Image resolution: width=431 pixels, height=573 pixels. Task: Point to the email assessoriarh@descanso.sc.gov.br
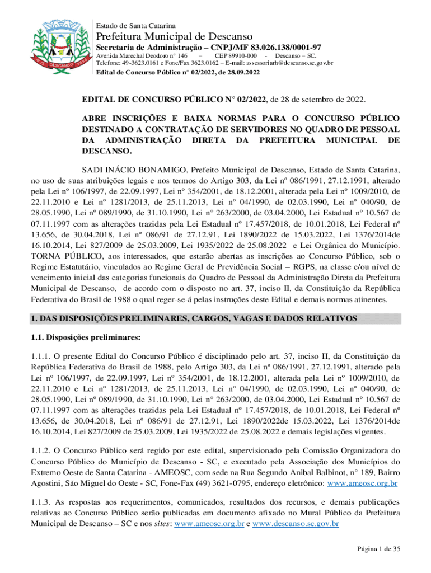click(285, 64)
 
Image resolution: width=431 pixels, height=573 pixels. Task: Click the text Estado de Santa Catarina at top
click(136, 26)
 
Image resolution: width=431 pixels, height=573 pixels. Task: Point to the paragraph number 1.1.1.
click(41, 355)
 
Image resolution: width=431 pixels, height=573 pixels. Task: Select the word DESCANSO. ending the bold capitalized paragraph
click(107, 151)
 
